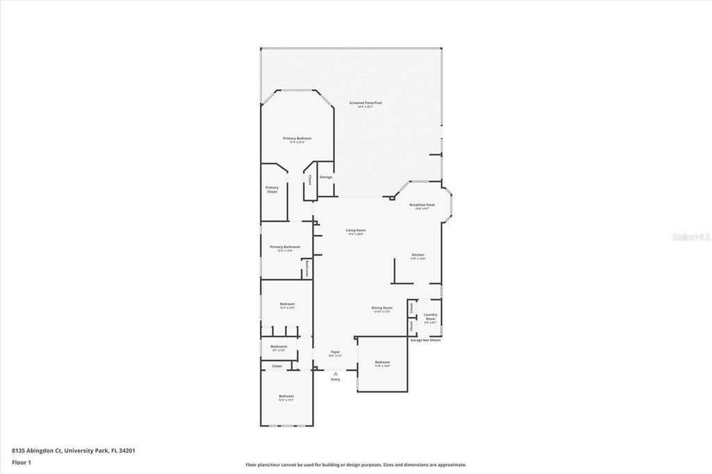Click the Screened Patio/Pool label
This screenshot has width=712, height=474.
[365, 103]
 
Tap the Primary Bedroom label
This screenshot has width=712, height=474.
[297, 139]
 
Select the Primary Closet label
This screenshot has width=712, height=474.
[272, 189]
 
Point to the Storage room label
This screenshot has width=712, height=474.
[325, 177]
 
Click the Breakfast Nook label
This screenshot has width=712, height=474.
[422, 205]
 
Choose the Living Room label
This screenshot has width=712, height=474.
[356, 231]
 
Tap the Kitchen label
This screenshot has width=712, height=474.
[417, 255]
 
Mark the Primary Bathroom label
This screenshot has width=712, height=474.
[285, 247]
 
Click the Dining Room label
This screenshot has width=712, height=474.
[382, 308]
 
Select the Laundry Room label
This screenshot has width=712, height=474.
[430, 317]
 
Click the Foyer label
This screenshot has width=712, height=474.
[335, 353]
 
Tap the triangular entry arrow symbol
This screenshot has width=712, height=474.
[335, 373]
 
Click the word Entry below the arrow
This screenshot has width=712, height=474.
[335, 379]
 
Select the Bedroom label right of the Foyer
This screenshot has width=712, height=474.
[382, 363]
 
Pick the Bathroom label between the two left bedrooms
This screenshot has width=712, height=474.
[279, 347]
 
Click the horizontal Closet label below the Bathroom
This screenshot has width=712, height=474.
[277, 366]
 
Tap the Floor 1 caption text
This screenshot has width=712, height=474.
[22, 461]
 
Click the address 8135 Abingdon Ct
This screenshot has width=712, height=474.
[37, 450]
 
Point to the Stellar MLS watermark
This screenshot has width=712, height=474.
[690, 237]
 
